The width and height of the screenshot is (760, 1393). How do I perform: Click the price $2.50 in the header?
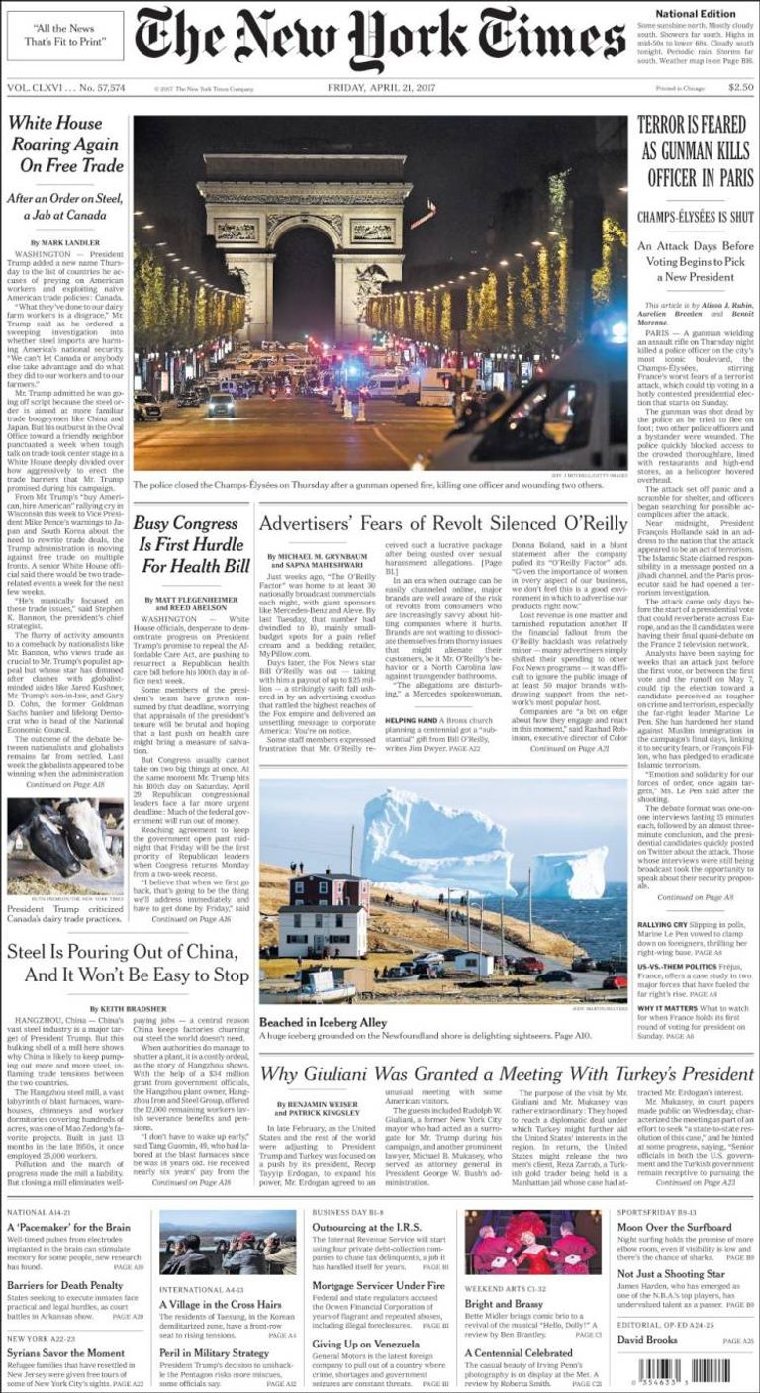(x=739, y=87)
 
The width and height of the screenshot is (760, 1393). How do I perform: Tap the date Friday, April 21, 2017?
(x=379, y=87)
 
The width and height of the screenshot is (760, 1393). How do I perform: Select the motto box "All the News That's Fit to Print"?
(x=65, y=36)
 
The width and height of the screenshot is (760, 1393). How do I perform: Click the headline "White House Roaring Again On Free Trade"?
(x=65, y=144)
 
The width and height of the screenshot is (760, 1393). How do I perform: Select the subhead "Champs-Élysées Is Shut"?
(x=695, y=216)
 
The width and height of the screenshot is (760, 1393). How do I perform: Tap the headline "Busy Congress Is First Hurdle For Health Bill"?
(x=192, y=544)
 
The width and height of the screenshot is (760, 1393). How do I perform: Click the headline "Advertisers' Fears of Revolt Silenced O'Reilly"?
(x=442, y=522)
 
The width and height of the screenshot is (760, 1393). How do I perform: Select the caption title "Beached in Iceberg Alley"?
(x=323, y=1021)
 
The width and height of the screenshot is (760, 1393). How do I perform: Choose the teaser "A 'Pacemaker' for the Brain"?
(x=67, y=1227)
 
